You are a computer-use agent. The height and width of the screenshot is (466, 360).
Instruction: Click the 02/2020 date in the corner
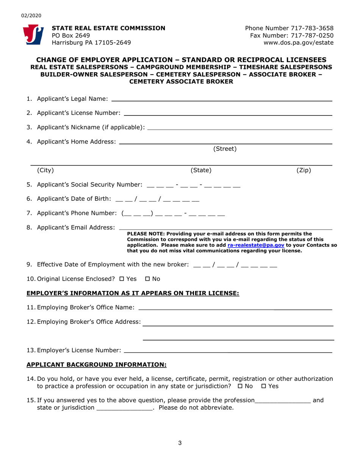pos(29,16)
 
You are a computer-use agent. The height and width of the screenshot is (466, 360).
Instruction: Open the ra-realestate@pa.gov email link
pos(256,245)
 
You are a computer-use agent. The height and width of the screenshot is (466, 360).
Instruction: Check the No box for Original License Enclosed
pos(149,279)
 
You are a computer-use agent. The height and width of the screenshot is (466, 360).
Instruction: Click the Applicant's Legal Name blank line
pos(222,99)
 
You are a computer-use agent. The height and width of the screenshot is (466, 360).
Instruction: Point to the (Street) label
pos(225,149)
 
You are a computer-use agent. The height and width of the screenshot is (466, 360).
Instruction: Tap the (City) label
pos(45,170)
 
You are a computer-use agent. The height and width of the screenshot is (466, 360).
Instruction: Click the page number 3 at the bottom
pos(180,441)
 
